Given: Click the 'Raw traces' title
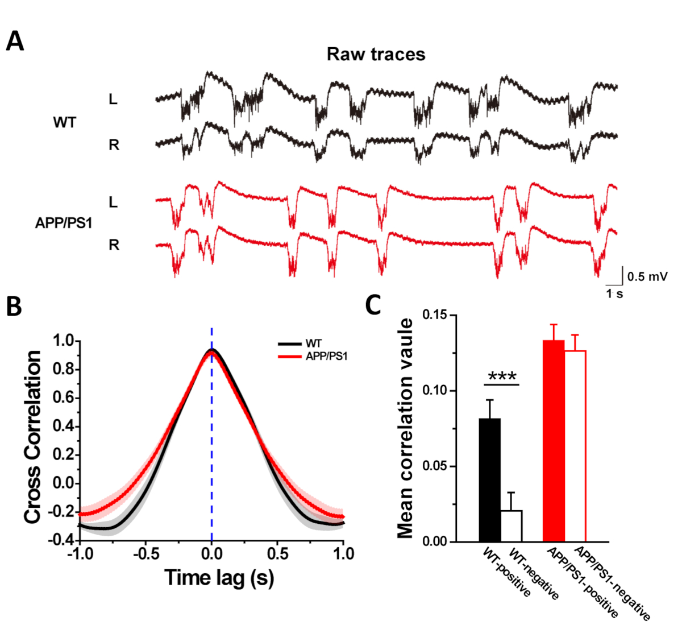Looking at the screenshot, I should pyautogui.click(x=376, y=54).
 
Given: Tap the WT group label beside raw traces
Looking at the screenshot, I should pyautogui.click(x=64, y=122).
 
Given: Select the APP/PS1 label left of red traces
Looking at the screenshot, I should pyautogui.click(x=64, y=223).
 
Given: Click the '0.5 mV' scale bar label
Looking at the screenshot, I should pyautogui.click(x=647, y=277).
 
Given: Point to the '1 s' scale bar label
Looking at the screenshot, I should pyautogui.click(x=614, y=294).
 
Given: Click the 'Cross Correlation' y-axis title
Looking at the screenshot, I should pyautogui.click(x=32, y=436).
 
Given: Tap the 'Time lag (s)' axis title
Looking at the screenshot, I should pyautogui.click(x=219, y=577).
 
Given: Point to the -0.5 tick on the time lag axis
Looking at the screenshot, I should pyautogui.click(x=145, y=553).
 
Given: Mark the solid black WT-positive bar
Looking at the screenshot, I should pyautogui.click(x=490, y=480).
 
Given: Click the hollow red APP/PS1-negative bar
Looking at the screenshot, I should pyautogui.click(x=575, y=446).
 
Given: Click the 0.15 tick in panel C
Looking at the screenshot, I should pyautogui.click(x=435, y=315).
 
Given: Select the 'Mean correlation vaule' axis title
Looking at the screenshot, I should pyautogui.click(x=405, y=428).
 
